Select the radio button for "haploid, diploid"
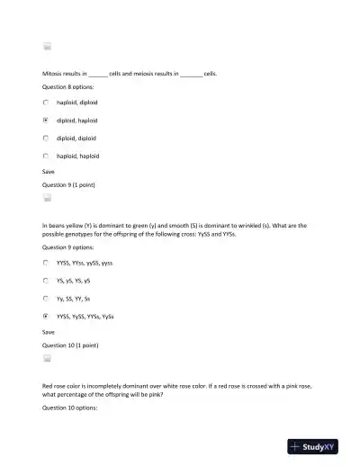pos(46,103)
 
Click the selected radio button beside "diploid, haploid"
pos(46,120)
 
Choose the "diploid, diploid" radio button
pos(46,138)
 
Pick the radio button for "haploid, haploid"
pos(46,156)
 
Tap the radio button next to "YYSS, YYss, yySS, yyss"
pos(46,263)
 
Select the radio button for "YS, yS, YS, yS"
pos(46,280)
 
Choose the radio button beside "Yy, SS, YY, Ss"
pos(46,298)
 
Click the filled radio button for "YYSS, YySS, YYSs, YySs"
pos(46,316)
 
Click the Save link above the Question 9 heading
pos(49,171)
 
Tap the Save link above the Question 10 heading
pos(49,331)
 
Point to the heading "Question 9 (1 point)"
pos(69,184)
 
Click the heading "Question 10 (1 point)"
pos(70,345)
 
